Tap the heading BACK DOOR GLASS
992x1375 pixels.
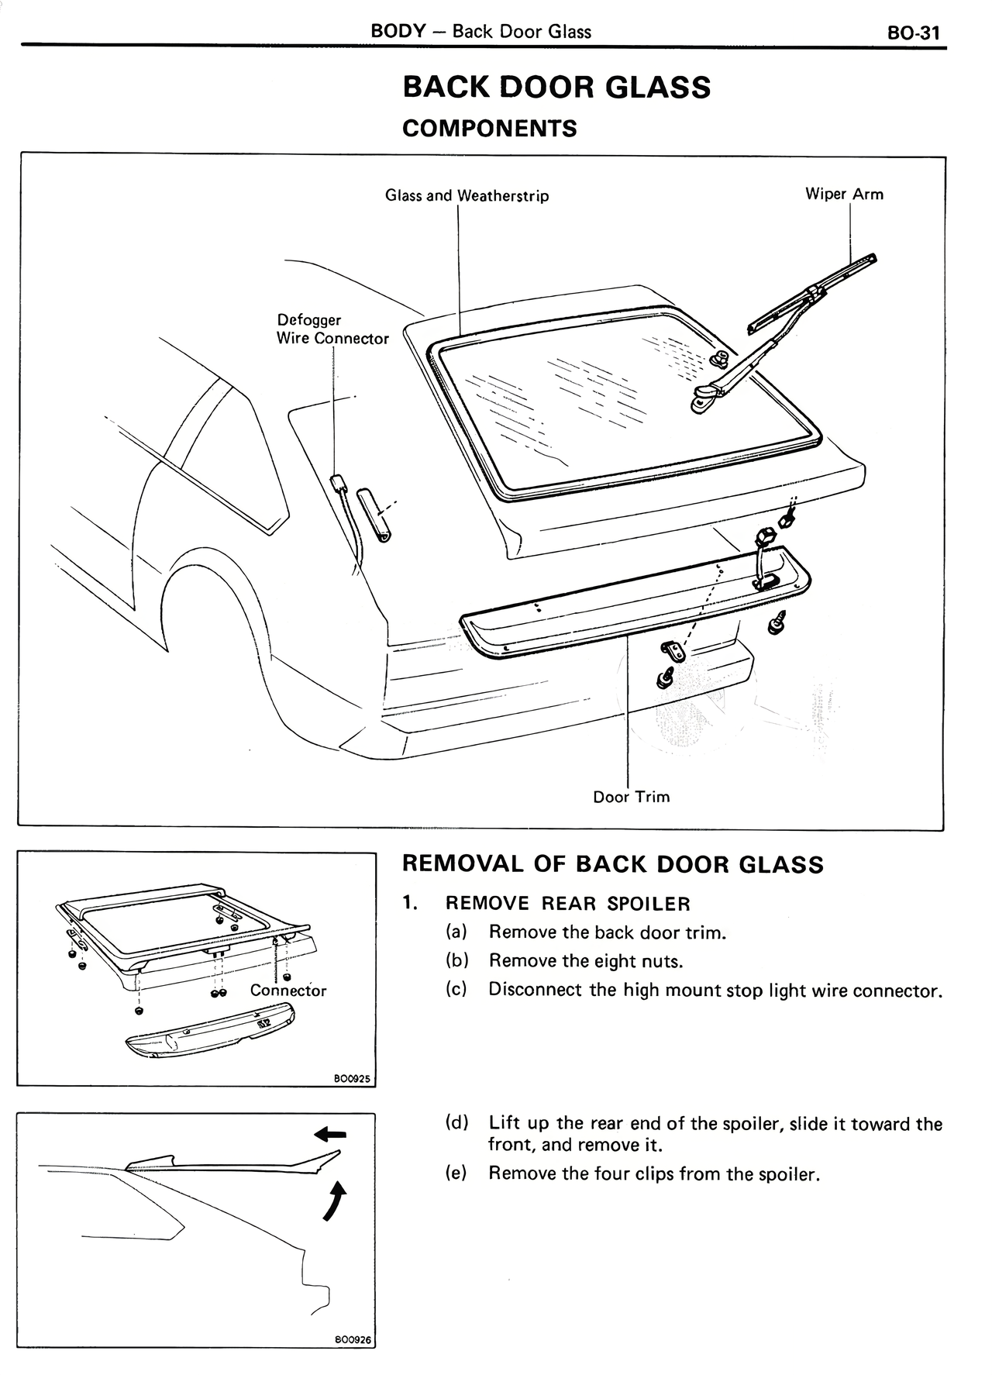[x=556, y=87]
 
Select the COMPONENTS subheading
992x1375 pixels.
[x=489, y=128]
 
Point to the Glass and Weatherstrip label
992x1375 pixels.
[x=467, y=195]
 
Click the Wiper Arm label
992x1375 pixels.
[x=844, y=194]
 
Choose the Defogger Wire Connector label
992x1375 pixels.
[x=332, y=329]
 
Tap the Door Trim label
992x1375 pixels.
[x=631, y=797]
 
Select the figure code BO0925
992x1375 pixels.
[x=353, y=1078]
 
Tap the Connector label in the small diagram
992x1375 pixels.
[x=288, y=991]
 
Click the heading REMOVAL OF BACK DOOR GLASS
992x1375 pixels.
[x=612, y=864]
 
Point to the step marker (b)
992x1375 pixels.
[x=457, y=961]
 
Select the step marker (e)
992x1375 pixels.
[x=457, y=1173]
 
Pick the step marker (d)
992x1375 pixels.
[x=457, y=1123]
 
